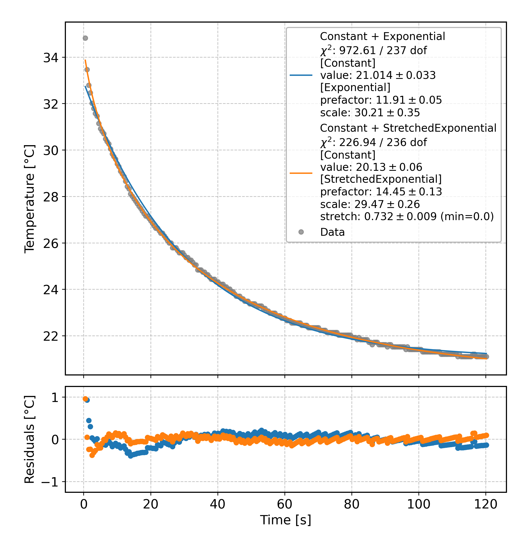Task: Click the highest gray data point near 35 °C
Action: click(85, 38)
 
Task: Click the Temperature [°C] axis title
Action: click(30, 199)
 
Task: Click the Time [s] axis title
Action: click(285, 520)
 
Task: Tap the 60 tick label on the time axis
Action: click(284, 504)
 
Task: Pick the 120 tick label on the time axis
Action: click(485, 504)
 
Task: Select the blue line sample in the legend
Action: click(301, 75)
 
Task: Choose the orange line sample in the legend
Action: click(301, 173)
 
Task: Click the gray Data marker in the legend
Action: click(301, 232)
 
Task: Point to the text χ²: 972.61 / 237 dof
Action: click(373, 51)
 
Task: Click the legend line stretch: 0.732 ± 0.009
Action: click(407, 216)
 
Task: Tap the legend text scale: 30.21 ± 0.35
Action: click(370, 113)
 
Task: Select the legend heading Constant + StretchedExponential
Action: click(408, 128)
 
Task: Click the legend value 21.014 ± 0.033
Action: click(378, 75)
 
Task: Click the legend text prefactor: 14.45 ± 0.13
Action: click(381, 192)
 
